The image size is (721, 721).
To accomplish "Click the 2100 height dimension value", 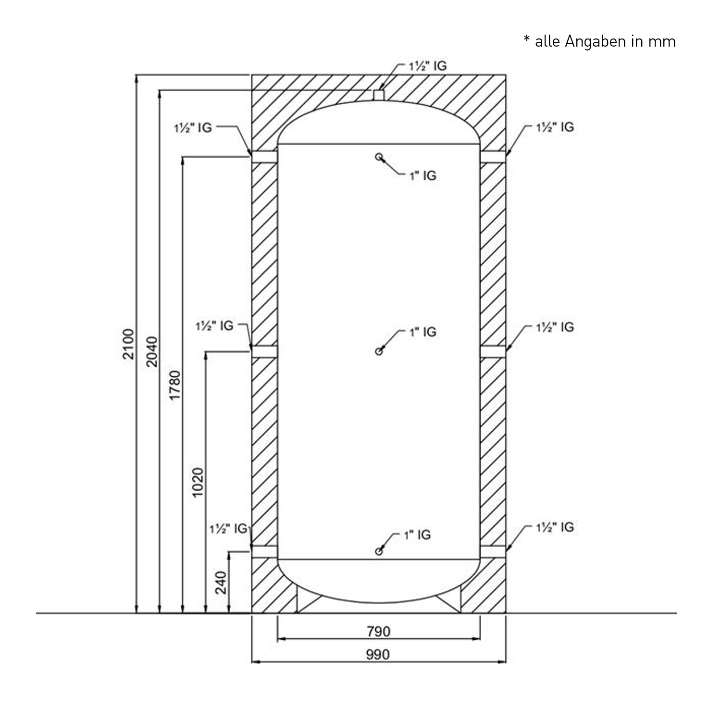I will click(128, 344).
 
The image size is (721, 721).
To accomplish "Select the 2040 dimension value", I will click(151, 351).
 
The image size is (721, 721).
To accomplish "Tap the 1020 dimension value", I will click(198, 482).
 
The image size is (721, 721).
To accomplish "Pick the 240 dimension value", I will click(221, 583).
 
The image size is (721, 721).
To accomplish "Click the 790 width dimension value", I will click(379, 632).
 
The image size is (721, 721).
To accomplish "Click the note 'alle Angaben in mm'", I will click(599, 42).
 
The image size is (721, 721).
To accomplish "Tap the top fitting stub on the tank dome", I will click(379, 95).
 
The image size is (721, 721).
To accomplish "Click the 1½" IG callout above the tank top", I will click(427, 66).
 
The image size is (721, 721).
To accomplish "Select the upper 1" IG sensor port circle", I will click(379, 157).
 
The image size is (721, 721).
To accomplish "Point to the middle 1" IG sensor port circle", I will click(379, 351).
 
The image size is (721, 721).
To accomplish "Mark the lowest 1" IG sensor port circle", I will click(379, 551).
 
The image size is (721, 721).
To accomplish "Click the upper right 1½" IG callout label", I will click(555, 127).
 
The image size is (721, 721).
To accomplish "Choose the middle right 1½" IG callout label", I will click(555, 327).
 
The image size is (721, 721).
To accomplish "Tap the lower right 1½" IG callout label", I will click(555, 527).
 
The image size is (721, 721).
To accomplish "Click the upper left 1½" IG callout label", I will click(193, 128).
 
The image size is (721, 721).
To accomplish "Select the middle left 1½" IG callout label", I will click(214, 326).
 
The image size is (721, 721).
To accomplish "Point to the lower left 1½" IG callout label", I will click(228, 529).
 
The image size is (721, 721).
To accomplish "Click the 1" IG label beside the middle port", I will click(423, 332).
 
